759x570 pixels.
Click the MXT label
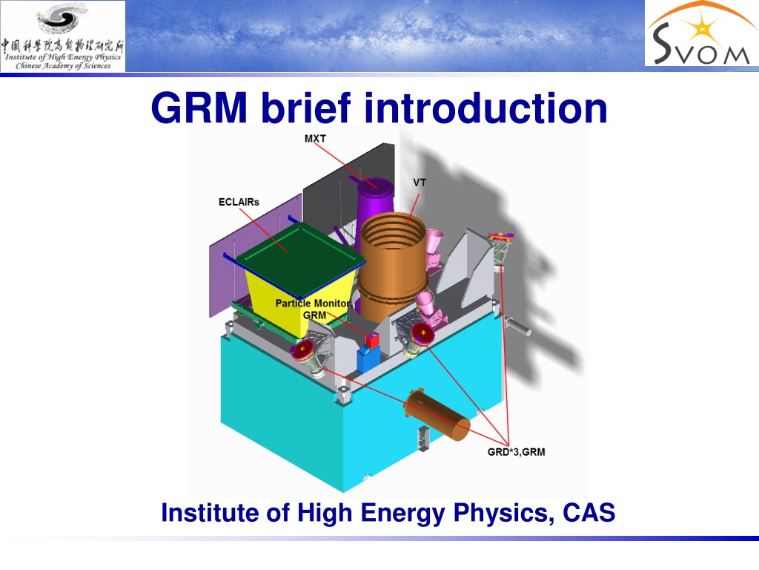tap(315, 139)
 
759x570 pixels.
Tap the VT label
tap(420, 183)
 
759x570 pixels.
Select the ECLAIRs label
tap(239, 202)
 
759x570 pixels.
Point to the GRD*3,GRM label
tap(517, 452)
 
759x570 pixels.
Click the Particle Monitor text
tap(313, 304)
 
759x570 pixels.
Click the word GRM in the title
tap(199, 108)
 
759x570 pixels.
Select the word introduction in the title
tap(485, 108)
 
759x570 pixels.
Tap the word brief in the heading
tap(306, 108)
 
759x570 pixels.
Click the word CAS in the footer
tap(589, 513)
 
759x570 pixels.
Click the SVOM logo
tap(701, 33)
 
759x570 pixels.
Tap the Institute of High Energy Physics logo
tap(63, 36)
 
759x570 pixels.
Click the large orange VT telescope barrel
tap(392, 266)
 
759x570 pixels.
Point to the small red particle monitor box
tap(372, 341)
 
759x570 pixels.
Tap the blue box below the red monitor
tap(368, 359)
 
